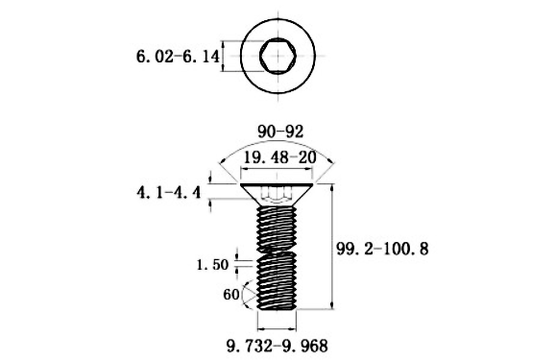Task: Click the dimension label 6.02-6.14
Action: click(178, 57)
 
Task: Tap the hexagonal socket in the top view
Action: click(277, 56)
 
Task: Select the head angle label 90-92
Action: click(280, 132)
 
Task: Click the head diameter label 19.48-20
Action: click(279, 157)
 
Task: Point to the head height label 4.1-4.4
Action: click(168, 193)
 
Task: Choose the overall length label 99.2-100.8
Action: click(382, 249)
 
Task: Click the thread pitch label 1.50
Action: click(213, 264)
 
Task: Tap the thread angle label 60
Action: click(231, 294)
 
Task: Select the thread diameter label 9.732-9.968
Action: click(277, 346)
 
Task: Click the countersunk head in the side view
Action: click(277, 195)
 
